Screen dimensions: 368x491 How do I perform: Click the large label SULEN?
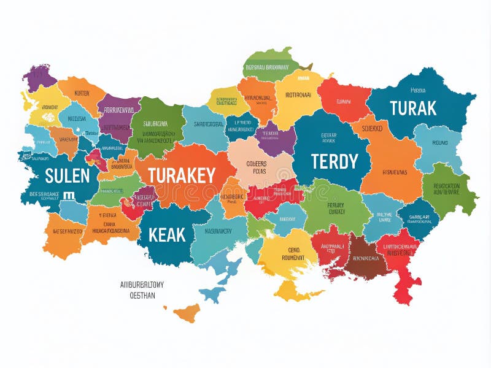[67, 176]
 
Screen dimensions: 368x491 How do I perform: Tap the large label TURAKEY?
[181, 176]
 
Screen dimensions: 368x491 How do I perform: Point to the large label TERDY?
[334, 162]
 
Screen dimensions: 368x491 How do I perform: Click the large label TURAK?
[413, 109]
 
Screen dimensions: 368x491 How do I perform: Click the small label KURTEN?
[82, 93]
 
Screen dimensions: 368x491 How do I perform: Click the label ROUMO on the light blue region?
[439, 142]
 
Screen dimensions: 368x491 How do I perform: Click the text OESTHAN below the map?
[142, 295]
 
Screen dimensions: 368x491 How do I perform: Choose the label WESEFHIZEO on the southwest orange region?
[63, 231]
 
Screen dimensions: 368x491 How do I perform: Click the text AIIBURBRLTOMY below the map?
[146, 285]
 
